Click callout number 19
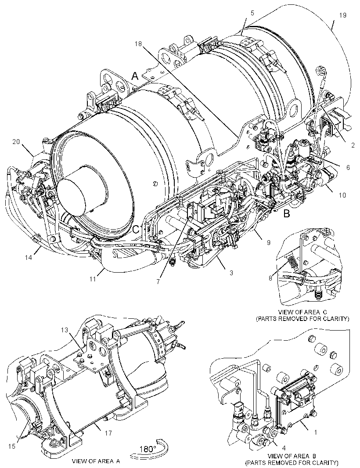pos(343,15)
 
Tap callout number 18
pos(138,44)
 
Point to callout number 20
pos(16,142)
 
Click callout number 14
pos(29,257)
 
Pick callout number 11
pos(93,279)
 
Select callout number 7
pos(158,281)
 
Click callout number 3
pos(231,273)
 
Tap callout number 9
pos(268,242)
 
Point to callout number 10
pos(342,195)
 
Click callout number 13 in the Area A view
pos(65,330)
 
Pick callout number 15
pos(12,446)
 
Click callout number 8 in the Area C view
pos(270,278)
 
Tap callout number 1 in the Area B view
pos(316,432)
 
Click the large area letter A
pos(135,76)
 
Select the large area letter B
pos(287,214)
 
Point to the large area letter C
pos(136,229)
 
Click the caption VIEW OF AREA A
pos(96,461)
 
